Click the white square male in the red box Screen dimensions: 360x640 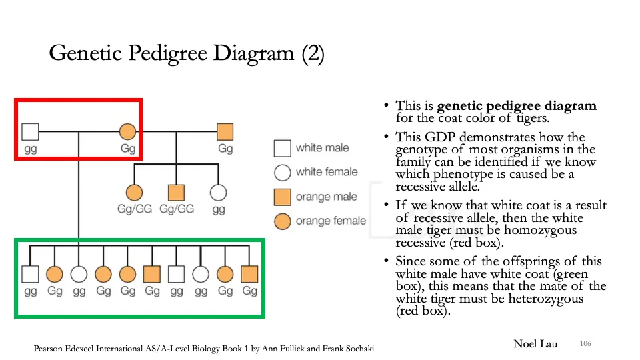30,131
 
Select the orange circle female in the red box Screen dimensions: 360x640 127,131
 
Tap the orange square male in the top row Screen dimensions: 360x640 225,131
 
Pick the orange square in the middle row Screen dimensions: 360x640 176,193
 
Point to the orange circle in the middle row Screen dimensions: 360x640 134,193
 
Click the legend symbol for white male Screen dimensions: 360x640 283,148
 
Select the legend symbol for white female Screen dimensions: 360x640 283,173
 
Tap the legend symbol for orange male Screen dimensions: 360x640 283,197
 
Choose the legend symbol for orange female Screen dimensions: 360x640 283,221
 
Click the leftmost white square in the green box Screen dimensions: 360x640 30,273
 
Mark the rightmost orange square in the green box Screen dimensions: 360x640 249,273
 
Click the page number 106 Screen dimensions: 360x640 585,343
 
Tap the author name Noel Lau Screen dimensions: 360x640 535,344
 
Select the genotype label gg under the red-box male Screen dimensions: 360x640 31,149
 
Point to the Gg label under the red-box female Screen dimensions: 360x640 128,149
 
